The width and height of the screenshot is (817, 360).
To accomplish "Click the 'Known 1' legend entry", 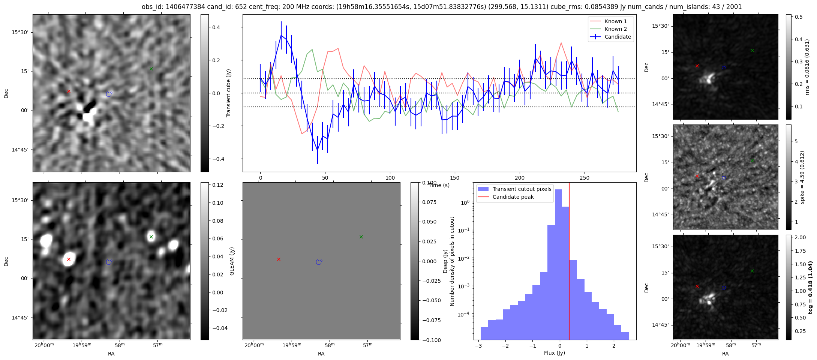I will coord(615,21).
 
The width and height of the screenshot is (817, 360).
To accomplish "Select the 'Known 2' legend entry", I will coord(615,29).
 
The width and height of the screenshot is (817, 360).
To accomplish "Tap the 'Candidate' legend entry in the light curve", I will coord(618,37).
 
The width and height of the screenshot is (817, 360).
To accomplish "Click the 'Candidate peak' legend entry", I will coord(513,197).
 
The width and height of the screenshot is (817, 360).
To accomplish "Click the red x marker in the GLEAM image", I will coord(69,259).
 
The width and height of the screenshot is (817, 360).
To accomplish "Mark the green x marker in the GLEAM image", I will coord(151,237).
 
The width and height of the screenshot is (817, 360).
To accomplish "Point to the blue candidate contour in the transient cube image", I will coord(109,94).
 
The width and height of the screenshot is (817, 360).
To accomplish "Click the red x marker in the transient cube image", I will coord(69,91).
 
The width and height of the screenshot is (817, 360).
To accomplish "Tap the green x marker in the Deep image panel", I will coord(361,237).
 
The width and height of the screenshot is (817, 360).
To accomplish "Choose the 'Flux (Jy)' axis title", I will coord(554,353).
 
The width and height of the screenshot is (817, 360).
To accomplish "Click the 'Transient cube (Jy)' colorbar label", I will coord(228,93).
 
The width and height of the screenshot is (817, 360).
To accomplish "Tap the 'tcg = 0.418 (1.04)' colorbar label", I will coord(810,287).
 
